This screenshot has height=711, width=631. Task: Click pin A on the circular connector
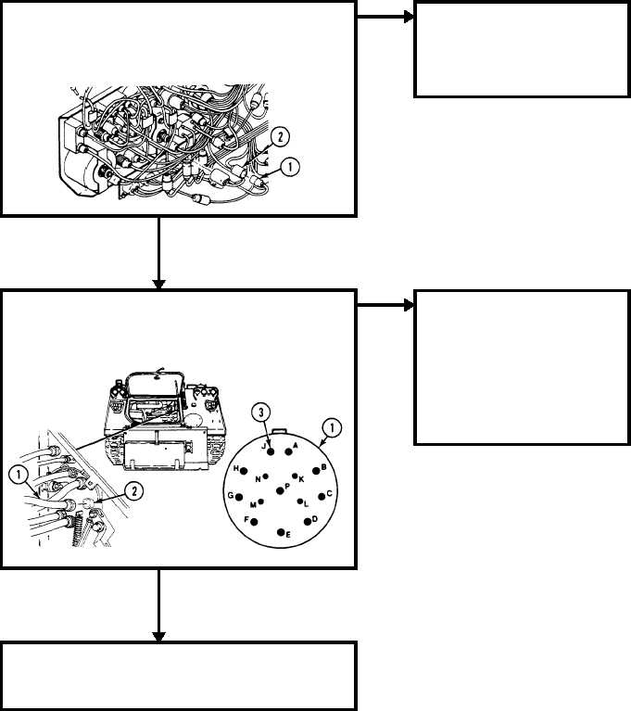point(288,451)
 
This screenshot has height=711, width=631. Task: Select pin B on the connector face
point(316,471)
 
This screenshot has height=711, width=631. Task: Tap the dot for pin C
point(322,497)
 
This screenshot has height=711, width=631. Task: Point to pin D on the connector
point(308,522)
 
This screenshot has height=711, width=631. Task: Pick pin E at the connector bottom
point(281,532)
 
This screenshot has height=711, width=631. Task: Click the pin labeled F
point(254,522)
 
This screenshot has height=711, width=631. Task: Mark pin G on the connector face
point(239,497)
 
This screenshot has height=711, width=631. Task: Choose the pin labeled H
point(244,471)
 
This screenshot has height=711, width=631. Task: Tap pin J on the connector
point(271,451)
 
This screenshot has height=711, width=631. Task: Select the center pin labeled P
point(280,490)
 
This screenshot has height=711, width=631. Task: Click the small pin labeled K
point(295,476)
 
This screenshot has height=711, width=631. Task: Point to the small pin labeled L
point(299,502)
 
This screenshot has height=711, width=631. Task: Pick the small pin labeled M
point(260,502)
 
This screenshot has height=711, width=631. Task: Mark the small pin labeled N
point(266,476)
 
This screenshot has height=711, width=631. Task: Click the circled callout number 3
point(260,413)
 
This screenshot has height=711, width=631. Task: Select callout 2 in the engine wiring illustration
point(280,136)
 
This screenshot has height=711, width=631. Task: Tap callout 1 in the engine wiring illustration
point(290,167)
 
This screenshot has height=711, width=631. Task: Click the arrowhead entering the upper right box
point(409,18)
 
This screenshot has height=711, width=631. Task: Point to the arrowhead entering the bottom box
point(158,636)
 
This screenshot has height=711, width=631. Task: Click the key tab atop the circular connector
point(279,431)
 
